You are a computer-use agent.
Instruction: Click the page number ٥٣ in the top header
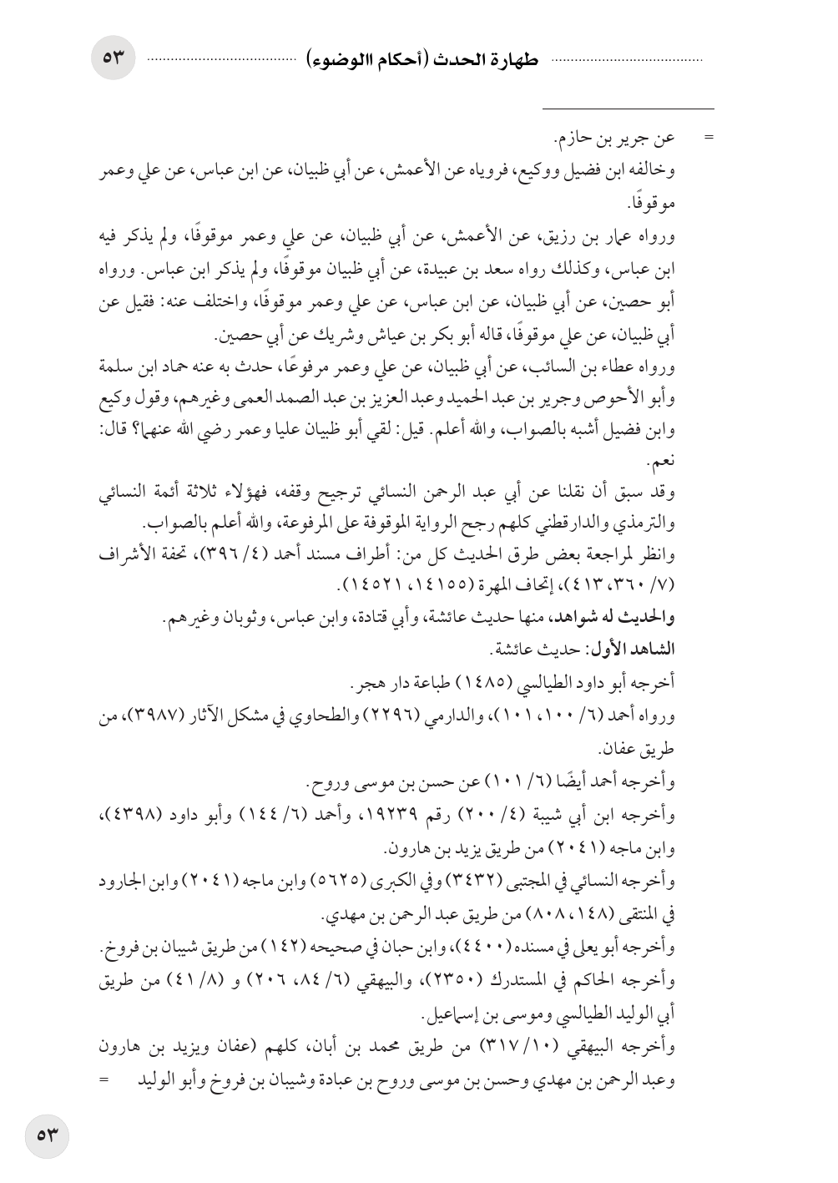click(113, 58)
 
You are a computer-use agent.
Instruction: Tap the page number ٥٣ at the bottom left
click(47, 1137)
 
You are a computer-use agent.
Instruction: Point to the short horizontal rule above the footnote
click(628, 109)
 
